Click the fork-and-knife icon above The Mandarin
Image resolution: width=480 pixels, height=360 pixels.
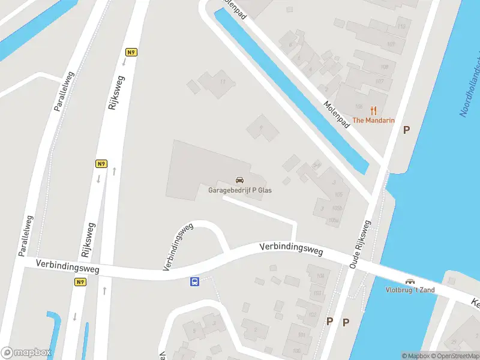coord(373,110)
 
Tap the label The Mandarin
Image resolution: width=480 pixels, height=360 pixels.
coord(373,120)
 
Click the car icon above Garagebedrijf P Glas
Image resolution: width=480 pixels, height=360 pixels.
coord(239,180)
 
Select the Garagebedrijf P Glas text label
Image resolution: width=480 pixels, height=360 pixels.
coord(239,190)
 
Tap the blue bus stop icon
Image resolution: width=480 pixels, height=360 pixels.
coord(195,281)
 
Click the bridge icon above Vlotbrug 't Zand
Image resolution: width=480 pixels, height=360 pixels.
coord(410,281)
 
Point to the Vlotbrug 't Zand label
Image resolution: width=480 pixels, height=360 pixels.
coord(410,290)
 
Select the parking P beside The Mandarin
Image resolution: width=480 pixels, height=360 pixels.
coord(407,130)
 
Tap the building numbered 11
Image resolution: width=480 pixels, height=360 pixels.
coord(223,82)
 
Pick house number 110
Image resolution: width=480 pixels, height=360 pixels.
coord(401,26)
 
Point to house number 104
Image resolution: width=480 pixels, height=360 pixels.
coord(320,276)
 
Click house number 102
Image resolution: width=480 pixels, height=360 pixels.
coord(313,314)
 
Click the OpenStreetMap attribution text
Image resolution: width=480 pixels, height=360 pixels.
coord(455,356)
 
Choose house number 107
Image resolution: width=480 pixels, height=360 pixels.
coord(379,81)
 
